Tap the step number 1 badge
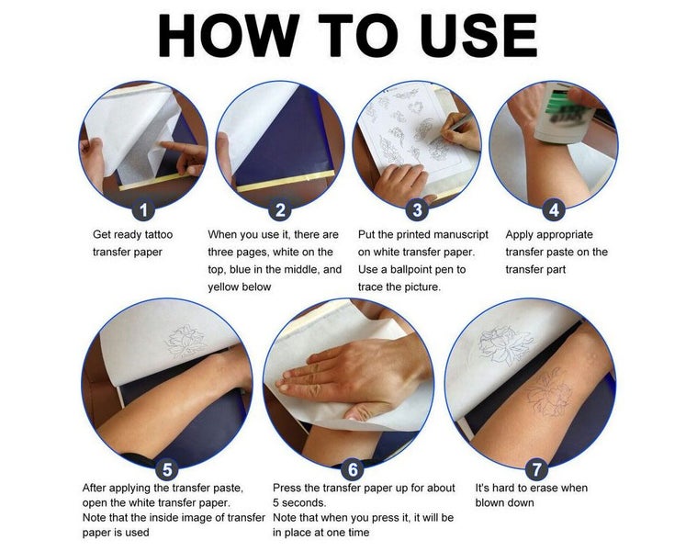[x=142, y=209]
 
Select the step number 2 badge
[x=281, y=209]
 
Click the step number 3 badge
[x=417, y=209]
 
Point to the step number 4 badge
[x=554, y=209]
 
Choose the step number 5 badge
[x=167, y=470]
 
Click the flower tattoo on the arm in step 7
[x=549, y=390]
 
